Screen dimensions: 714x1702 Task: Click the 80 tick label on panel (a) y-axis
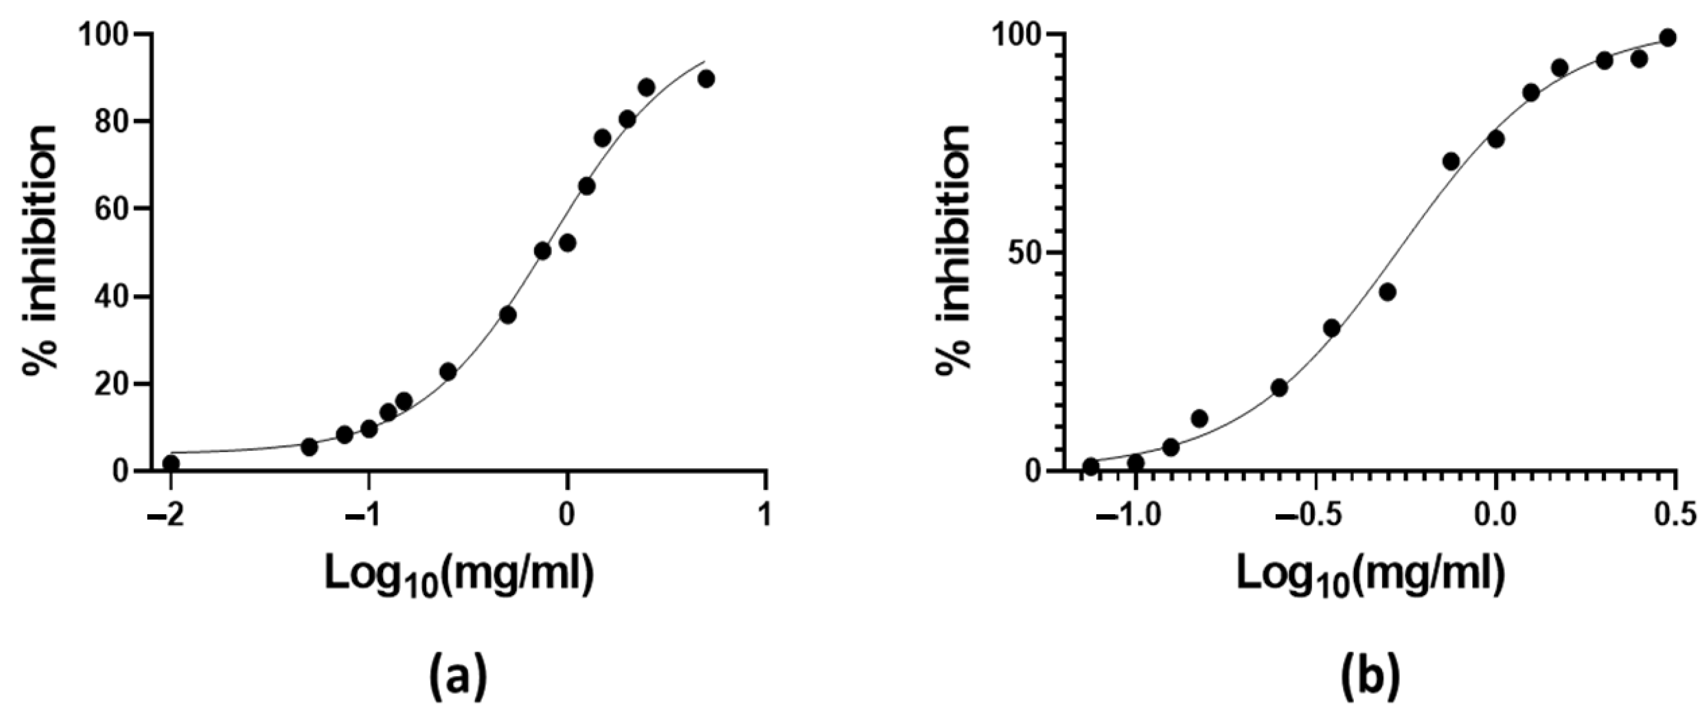pos(111,122)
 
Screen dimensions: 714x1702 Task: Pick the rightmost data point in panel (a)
pos(707,79)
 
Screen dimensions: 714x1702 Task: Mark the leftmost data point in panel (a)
pos(171,463)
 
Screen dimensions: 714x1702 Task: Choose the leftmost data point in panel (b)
pos(1090,466)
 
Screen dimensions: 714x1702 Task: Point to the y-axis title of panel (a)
pos(41,251)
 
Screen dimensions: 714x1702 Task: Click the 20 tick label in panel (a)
pos(111,384)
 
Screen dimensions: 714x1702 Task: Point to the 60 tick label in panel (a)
pos(111,209)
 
